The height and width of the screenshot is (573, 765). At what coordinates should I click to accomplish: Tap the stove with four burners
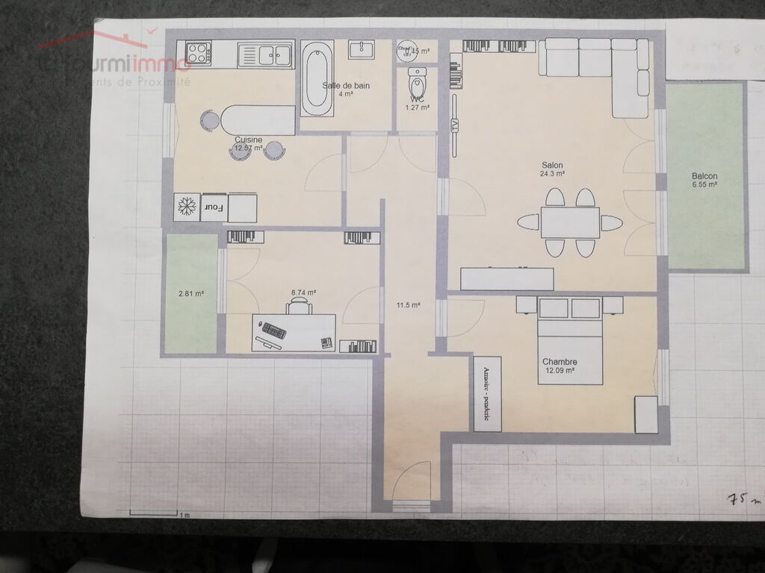(199, 53)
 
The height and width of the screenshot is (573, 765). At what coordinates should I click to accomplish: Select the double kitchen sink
(264, 54)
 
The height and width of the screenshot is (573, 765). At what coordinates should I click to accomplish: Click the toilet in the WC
(417, 79)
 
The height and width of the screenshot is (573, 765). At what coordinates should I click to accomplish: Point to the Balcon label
(704, 176)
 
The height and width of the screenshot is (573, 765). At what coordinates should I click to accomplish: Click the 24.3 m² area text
(553, 174)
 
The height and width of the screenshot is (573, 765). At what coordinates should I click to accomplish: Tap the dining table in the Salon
(570, 222)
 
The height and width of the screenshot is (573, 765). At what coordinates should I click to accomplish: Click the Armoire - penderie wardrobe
(487, 393)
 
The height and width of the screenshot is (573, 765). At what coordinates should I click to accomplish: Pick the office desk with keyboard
(294, 332)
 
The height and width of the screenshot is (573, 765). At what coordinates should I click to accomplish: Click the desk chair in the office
(299, 304)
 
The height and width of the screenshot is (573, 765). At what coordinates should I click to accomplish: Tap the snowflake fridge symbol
(185, 207)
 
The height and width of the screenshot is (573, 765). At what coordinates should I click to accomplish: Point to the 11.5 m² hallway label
(408, 304)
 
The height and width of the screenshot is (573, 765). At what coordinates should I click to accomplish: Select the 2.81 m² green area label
(191, 293)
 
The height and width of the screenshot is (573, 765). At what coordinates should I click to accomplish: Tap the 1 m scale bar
(157, 513)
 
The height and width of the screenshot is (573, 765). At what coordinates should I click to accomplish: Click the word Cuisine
(248, 140)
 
